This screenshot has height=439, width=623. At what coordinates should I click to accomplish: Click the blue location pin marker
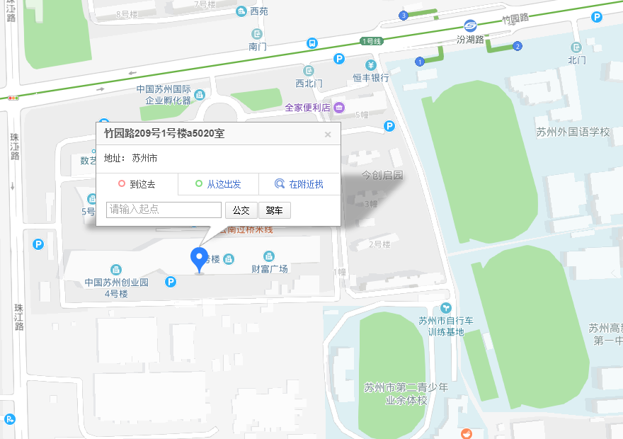[x=199, y=259]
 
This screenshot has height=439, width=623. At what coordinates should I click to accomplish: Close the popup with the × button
[x=328, y=135]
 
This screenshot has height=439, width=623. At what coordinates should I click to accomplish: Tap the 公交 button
[x=241, y=210]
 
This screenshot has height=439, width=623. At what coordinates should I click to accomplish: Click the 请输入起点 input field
[x=164, y=210]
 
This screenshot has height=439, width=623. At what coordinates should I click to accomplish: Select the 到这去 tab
[x=137, y=184]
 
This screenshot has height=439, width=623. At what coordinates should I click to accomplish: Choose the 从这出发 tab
[x=218, y=184]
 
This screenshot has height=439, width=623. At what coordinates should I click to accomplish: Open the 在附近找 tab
[x=299, y=184]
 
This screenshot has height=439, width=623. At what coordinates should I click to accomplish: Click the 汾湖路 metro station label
[x=470, y=40]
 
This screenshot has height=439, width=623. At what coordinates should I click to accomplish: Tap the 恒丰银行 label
[x=371, y=78]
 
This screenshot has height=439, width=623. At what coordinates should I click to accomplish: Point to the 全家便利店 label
[x=308, y=108]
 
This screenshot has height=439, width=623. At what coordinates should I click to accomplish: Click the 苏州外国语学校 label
[x=573, y=132]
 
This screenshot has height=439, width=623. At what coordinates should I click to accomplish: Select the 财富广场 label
[x=269, y=268]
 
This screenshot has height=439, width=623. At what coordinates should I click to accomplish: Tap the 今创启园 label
[x=382, y=174]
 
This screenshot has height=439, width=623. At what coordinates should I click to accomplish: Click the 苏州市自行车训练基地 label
[x=445, y=326]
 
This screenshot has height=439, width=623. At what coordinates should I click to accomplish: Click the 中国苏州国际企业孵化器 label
[x=164, y=95]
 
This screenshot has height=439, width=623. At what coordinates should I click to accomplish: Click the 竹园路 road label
[x=515, y=20]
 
